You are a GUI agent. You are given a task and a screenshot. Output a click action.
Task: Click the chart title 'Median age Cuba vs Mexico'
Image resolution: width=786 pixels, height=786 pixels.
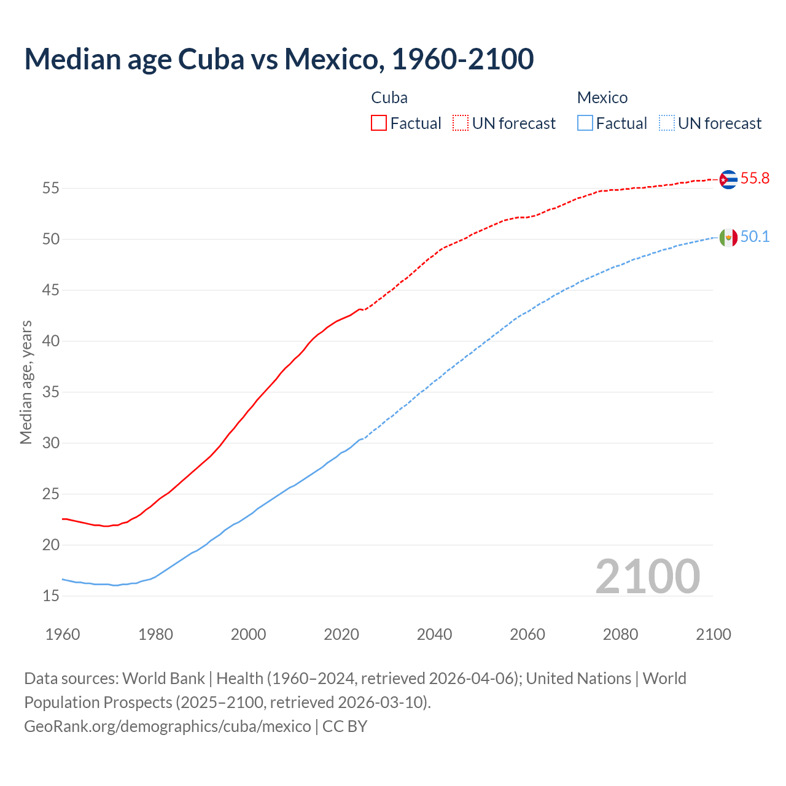pos(279,59)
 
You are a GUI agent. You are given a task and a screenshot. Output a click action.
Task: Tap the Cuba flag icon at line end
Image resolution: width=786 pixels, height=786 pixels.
pos(728,179)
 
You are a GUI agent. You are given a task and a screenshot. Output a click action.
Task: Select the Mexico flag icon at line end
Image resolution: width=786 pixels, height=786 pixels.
pos(728,237)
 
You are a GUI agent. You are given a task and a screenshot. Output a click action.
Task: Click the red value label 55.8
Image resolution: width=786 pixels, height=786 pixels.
pos(755,179)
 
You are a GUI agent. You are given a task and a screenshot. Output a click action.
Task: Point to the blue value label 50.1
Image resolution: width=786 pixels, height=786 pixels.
pos(755,237)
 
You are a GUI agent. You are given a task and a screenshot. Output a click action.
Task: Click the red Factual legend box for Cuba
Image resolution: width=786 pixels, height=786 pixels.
pos(379,123)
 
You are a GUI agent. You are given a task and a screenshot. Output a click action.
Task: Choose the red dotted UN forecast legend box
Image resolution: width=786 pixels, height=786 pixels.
pos(461,123)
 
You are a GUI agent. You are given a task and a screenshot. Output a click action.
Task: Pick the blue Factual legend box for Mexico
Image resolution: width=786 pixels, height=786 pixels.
pos(585,123)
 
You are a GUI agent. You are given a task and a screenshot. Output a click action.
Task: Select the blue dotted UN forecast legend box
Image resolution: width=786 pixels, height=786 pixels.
pos(667,123)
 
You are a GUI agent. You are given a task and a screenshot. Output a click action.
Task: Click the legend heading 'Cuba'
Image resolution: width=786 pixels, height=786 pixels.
pos(389,98)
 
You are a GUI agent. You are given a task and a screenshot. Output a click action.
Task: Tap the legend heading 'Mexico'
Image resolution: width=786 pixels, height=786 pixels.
pos(602,98)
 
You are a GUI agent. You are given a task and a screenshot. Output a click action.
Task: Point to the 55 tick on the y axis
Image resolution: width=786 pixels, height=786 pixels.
pos(51,189)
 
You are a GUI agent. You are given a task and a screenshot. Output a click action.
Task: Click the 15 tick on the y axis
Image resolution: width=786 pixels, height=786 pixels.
pos(51,596)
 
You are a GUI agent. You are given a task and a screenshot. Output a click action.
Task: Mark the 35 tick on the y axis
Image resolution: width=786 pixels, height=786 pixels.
pos(51,392)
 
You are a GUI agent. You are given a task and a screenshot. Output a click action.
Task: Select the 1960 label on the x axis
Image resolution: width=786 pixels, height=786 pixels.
pos(63,634)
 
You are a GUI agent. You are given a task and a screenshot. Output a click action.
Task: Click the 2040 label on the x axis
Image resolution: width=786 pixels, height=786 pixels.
pos(434,634)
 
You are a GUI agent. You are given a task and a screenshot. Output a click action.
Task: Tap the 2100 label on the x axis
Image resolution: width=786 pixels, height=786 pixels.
pos(713,634)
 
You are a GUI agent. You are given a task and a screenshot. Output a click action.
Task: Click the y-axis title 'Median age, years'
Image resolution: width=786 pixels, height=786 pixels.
pos(26,382)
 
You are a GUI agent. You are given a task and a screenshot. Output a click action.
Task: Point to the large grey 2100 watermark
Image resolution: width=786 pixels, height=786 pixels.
pos(647,576)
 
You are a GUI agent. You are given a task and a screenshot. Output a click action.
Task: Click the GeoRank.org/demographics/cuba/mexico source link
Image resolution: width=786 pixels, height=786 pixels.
pos(168,726)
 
